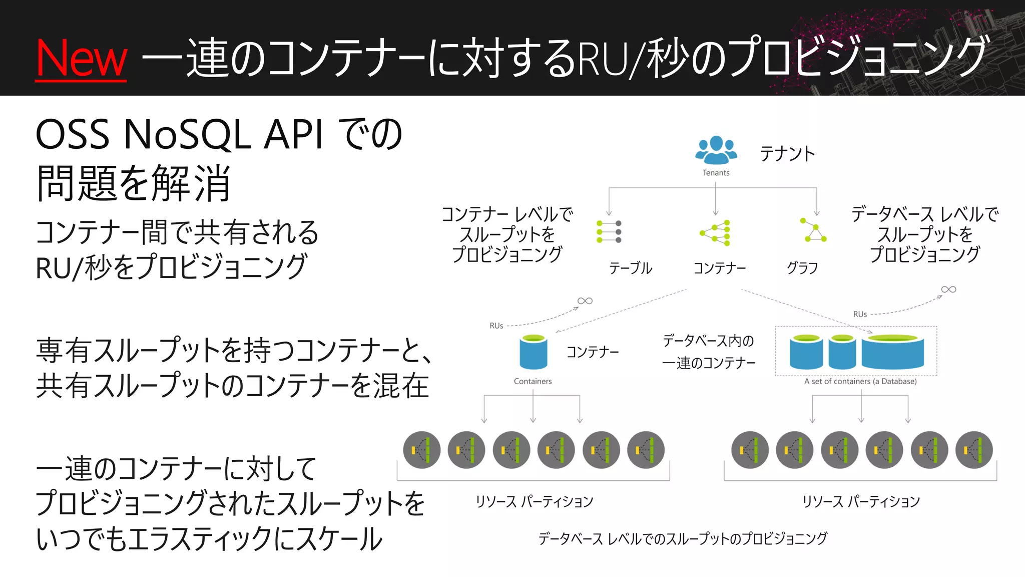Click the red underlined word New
pos(81,59)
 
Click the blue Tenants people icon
pos(716,150)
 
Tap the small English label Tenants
pos(716,173)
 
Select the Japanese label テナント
pos(787,153)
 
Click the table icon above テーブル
pos(609,232)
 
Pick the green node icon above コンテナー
pos(716,233)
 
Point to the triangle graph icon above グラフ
pos(813,231)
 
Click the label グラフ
pos(802,268)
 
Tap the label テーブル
pos(631,268)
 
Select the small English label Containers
pos(533,381)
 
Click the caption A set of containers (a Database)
pos(860,381)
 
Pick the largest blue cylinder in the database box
pos(892,351)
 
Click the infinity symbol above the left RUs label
pos(585,301)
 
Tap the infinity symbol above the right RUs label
pos(948,290)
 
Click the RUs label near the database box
pos(860,314)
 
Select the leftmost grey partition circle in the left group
pos(421,450)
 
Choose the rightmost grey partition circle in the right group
pos(974,450)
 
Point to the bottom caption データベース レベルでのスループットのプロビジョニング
pos(683,538)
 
